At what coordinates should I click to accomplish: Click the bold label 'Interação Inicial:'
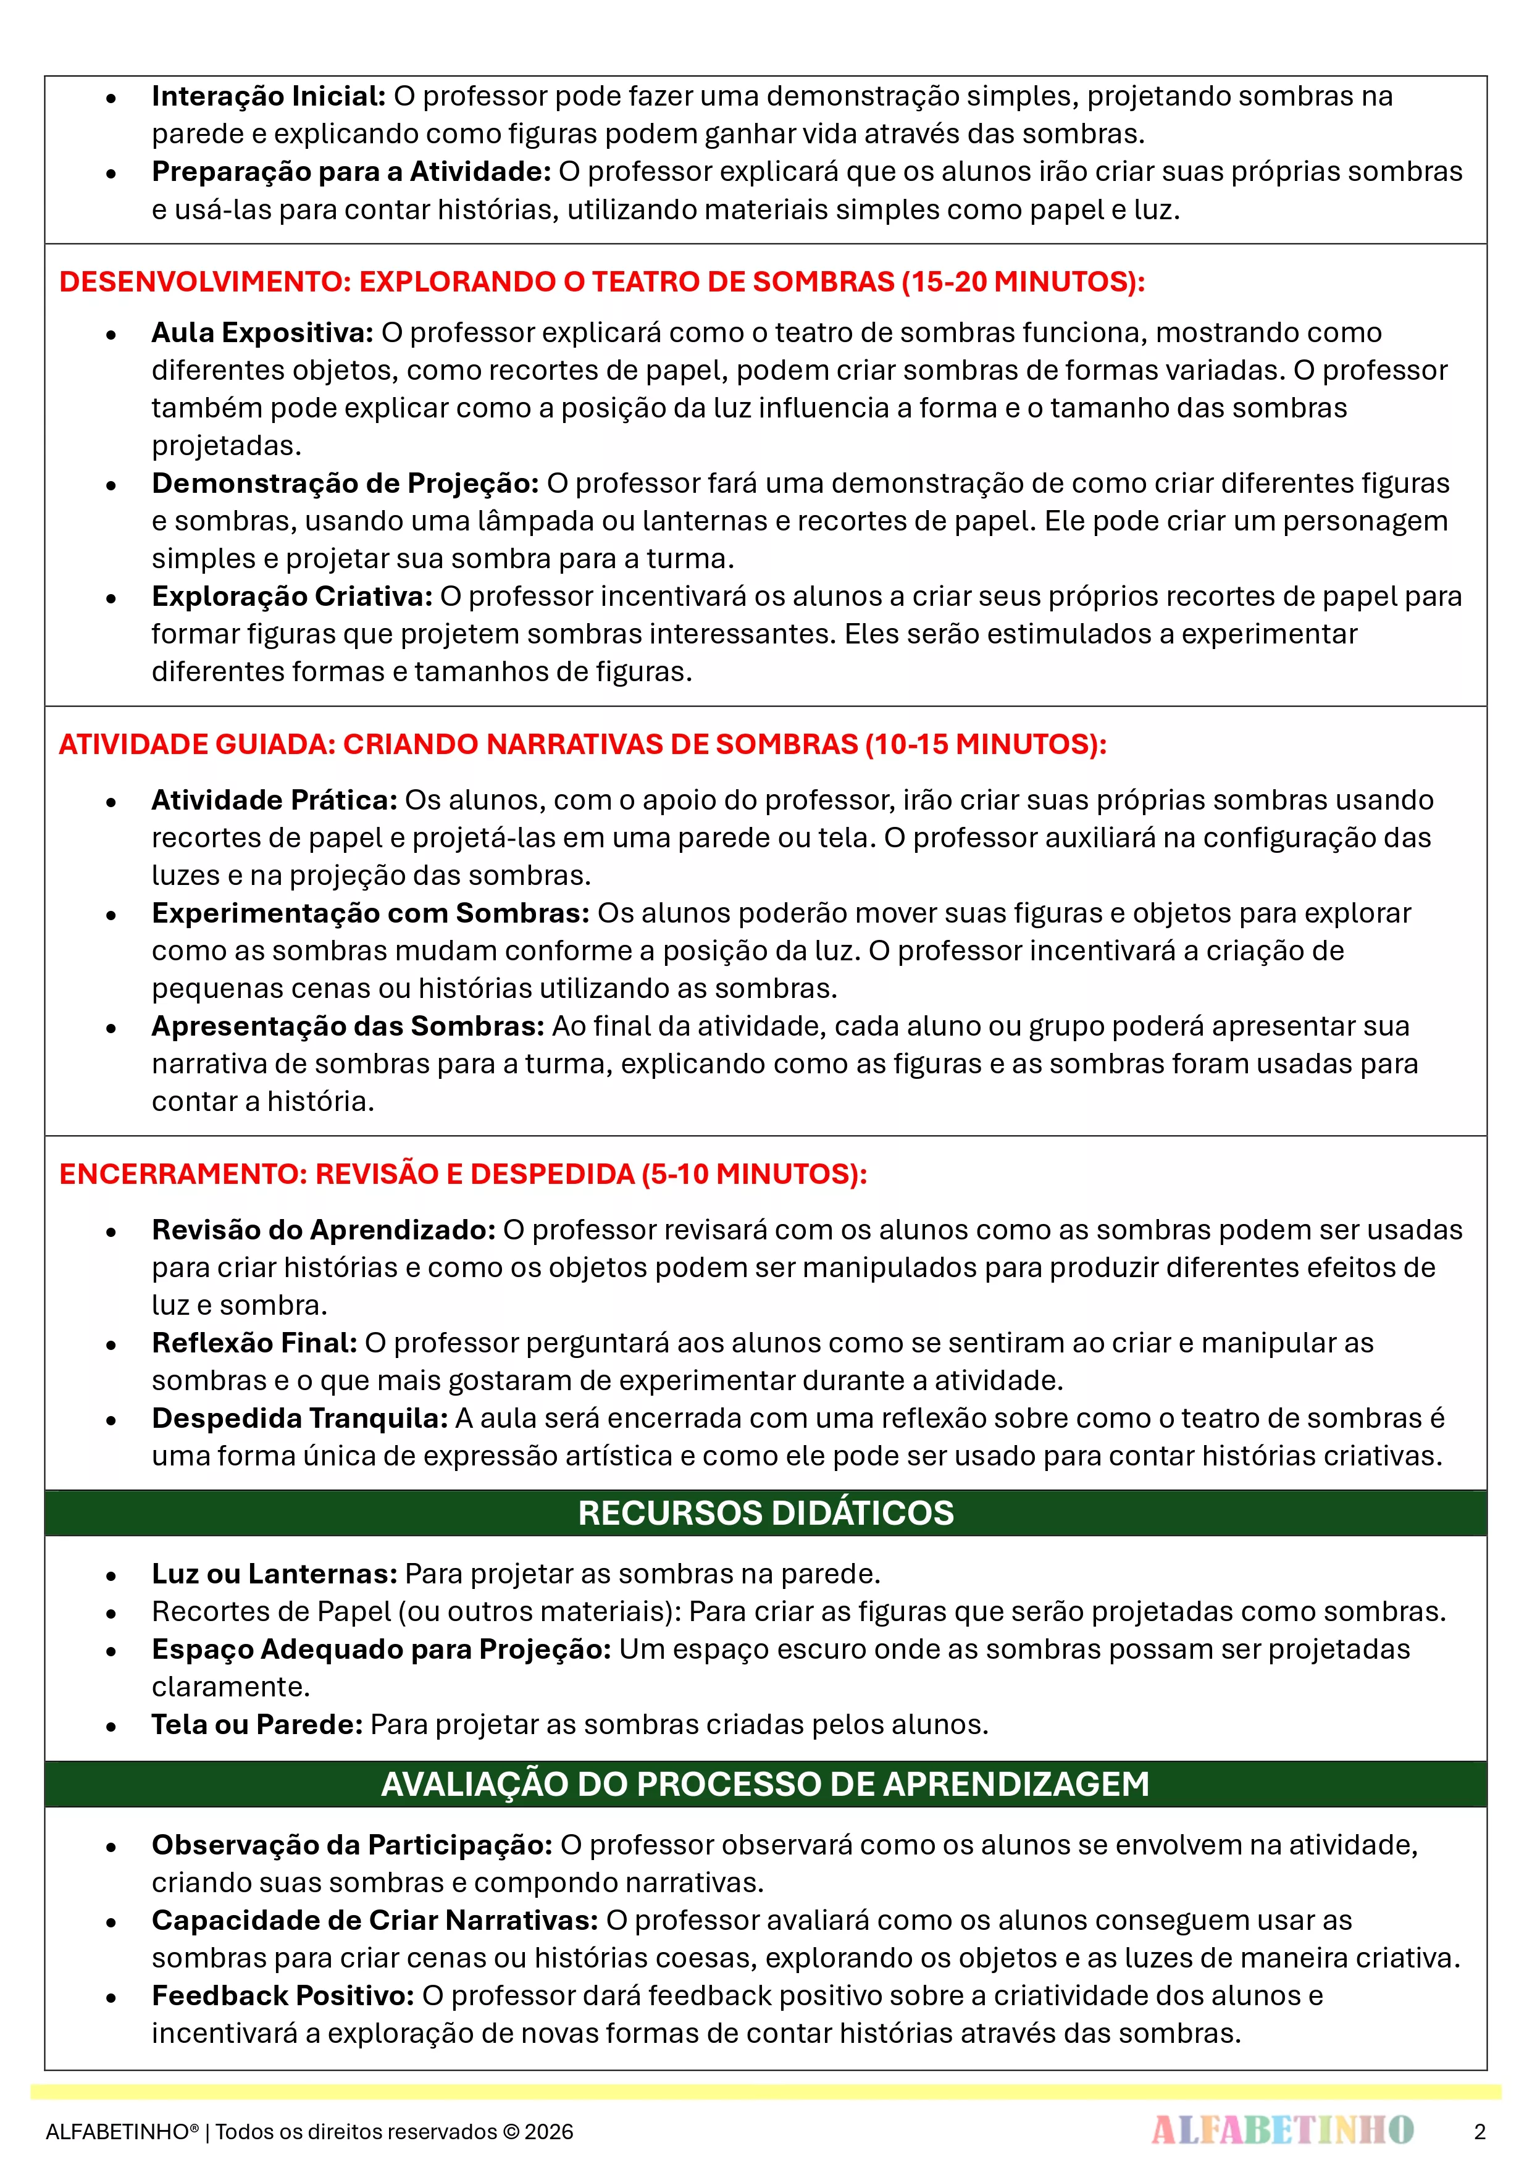coord(268,96)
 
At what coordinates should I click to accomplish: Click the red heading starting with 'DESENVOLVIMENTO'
coord(601,281)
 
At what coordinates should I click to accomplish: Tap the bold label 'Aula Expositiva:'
coord(262,332)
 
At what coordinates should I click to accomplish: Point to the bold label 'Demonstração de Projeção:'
coord(345,483)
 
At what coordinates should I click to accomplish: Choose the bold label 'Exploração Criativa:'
coord(291,597)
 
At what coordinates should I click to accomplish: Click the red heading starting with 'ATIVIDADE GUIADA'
coord(582,744)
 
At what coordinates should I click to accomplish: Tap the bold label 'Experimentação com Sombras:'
coord(370,913)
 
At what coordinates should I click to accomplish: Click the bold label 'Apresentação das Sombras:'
coord(348,1026)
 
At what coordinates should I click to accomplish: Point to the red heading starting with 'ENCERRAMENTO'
coord(463,1173)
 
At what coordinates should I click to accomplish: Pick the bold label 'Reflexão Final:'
coord(254,1343)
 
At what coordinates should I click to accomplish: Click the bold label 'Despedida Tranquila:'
coord(299,1419)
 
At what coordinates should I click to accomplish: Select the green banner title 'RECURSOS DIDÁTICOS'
coord(766,1513)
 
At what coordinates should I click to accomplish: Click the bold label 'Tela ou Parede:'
coord(257,1724)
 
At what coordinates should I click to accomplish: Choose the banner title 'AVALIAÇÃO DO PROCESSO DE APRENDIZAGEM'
coord(766,1784)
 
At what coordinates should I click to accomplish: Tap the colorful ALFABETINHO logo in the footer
coord(1282,2130)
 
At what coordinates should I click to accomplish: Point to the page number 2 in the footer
coord(1479,2131)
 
